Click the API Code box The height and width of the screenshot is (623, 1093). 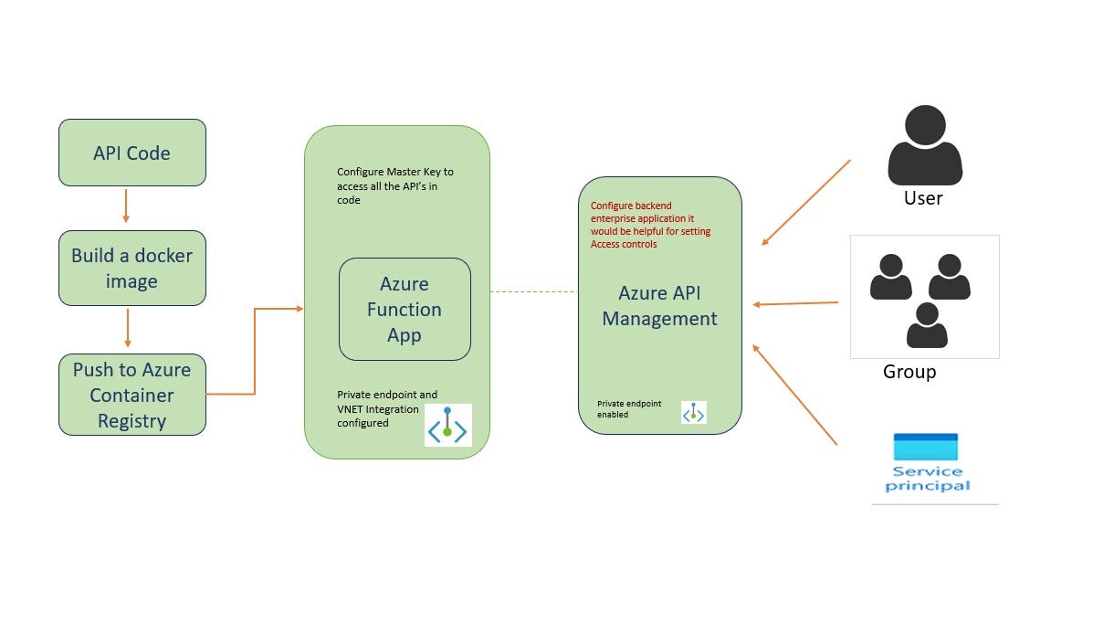pyautogui.click(x=131, y=153)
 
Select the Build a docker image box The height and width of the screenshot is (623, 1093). pyautogui.click(x=131, y=268)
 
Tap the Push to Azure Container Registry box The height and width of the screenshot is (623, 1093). pyautogui.click(x=131, y=395)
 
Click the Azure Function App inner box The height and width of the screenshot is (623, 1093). pyautogui.click(x=405, y=309)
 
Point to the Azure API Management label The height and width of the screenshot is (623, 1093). pyautogui.click(x=659, y=306)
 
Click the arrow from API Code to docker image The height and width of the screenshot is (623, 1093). pyautogui.click(x=126, y=207)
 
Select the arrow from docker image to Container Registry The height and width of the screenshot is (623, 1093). pyautogui.click(x=128, y=328)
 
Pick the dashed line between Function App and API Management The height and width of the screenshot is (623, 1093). pyautogui.click(x=533, y=291)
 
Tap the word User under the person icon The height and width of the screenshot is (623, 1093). pyautogui.click(x=922, y=198)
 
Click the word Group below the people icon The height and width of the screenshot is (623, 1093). pyautogui.click(x=909, y=372)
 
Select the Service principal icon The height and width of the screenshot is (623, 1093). pyautogui.click(x=926, y=462)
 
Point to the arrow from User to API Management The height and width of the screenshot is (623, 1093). pyautogui.click(x=805, y=203)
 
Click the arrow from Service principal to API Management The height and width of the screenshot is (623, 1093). pyautogui.click(x=794, y=395)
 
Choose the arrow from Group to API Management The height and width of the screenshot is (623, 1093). pyautogui.click(x=795, y=303)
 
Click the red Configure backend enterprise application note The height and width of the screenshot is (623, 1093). pyautogui.click(x=650, y=225)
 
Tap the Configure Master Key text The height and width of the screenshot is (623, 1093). pyautogui.click(x=394, y=185)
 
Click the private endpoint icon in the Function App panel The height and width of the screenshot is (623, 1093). pyautogui.click(x=447, y=425)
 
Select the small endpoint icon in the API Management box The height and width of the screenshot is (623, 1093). pyautogui.click(x=694, y=412)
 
